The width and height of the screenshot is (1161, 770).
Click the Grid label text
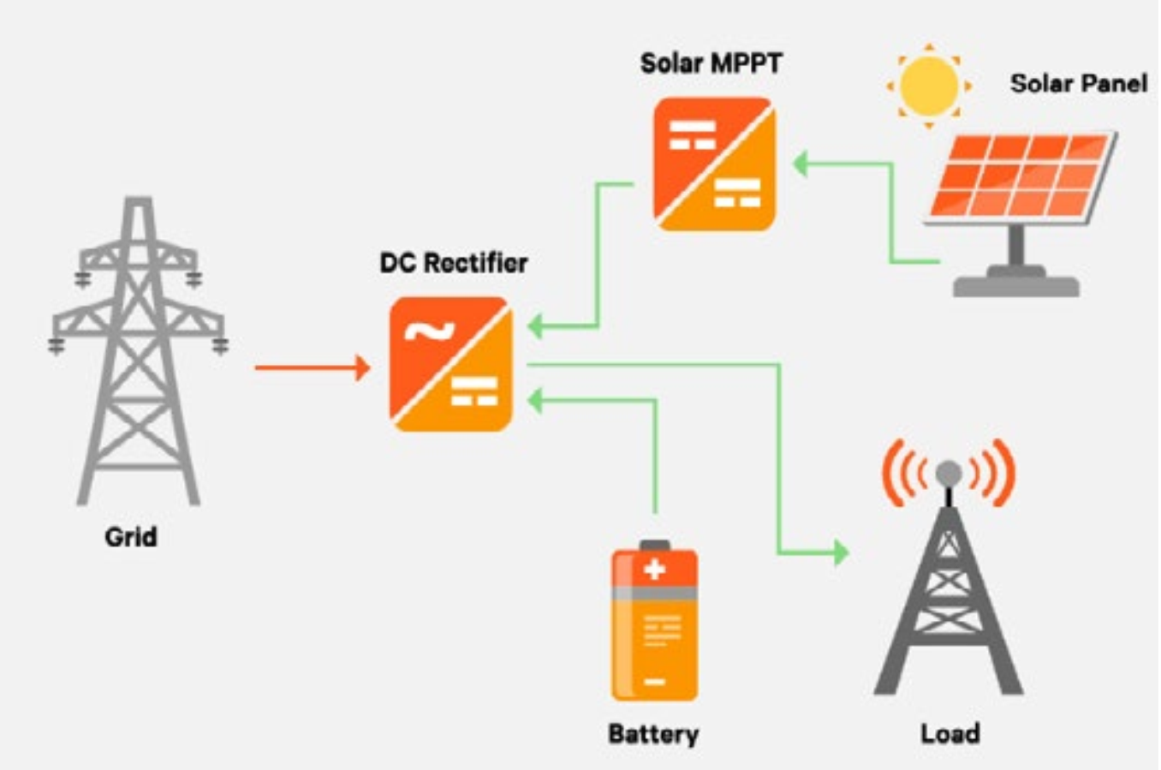click(131, 537)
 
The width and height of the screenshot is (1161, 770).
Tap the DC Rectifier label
click(454, 262)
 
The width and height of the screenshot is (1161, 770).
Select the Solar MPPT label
click(711, 63)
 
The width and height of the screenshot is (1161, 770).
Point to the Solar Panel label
click(1078, 83)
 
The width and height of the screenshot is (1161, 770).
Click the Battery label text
click(653, 734)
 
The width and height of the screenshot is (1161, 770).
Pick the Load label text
click(950, 733)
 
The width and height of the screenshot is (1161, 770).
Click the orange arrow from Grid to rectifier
click(312, 368)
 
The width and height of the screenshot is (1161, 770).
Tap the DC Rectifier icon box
click(451, 364)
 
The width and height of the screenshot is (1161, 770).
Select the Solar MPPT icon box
click(715, 164)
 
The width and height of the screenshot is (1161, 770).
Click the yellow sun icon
click(929, 86)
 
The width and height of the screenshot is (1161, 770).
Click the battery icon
click(654, 623)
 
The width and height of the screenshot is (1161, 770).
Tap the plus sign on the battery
click(654, 569)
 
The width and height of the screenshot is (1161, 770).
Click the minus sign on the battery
click(654, 682)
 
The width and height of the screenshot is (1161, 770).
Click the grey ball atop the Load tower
click(949, 472)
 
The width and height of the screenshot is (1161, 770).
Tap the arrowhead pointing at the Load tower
click(841, 552)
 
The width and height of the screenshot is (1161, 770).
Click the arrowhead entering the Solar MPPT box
click(801, 163)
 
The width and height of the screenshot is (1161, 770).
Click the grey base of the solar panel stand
click(1016, 284)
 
